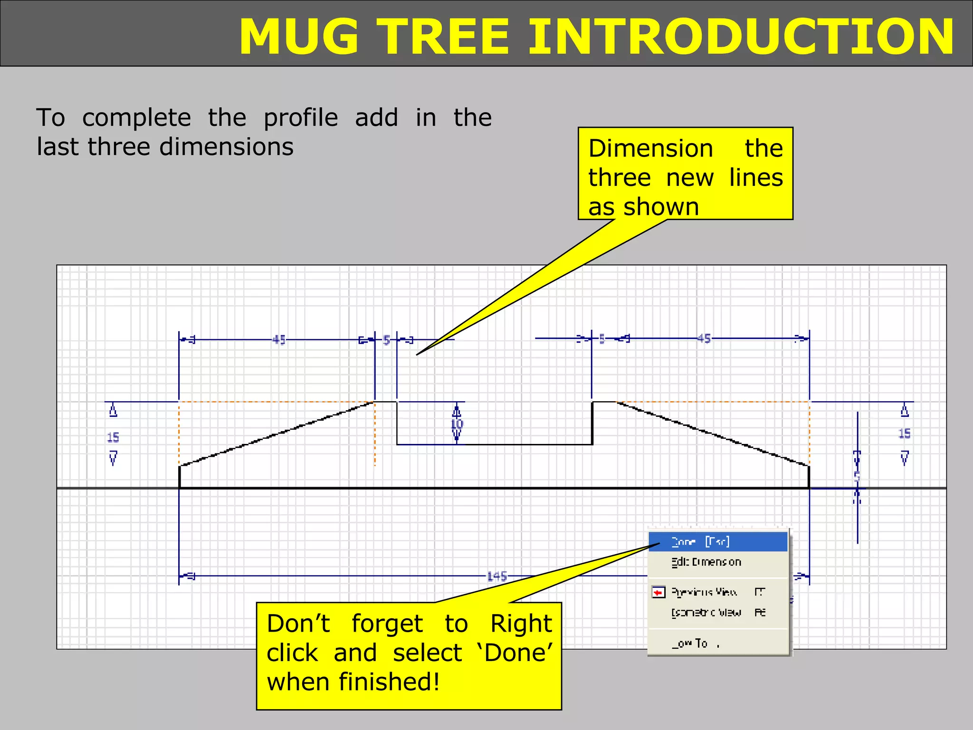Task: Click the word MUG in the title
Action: (x=299, y=37)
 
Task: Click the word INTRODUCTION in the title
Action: (x=741, y=37)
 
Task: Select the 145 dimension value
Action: (x=497, y=576)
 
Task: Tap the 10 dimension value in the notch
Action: (x=457, y=424)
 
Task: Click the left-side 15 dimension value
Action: (x=113, y=437)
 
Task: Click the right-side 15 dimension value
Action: (x=904, y=433)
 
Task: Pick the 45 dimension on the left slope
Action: (x=279, y=340)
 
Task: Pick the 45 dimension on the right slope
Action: (x=704, y=338)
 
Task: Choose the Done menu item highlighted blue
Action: (x=701, y=542)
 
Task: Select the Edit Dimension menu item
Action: (x=706, y=562)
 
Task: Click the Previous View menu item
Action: (x=704, y=592)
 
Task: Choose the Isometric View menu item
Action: (x=706, y=613)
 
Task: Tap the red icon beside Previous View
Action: (x=658, y=593)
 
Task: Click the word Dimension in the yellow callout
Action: (x=650, y=148)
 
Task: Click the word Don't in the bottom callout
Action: (x=298, y=624)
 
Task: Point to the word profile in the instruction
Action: (x=300, y=118)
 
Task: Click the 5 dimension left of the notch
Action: (x=386, y=340)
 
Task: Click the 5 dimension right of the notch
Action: (x=602, y=339)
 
